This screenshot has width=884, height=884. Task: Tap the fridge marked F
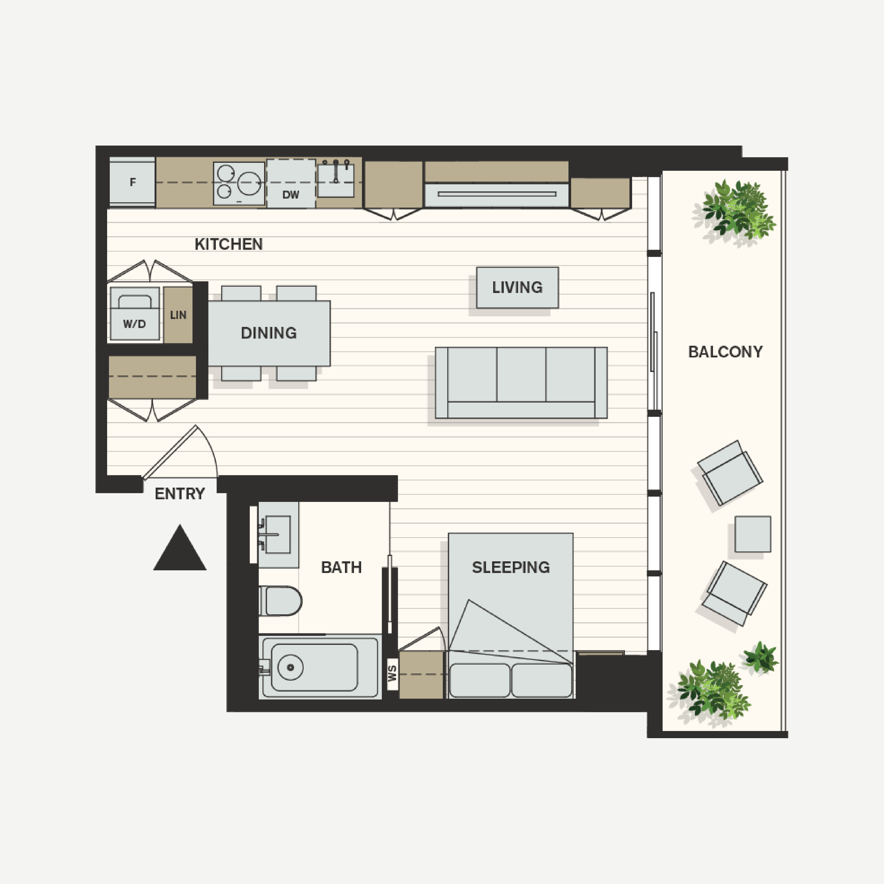[132, 182]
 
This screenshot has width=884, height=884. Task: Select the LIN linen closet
[178, 315]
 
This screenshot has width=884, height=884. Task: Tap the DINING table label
[269, 333]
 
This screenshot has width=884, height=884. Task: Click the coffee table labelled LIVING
[517, 287]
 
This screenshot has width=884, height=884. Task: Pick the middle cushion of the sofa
[521, 375]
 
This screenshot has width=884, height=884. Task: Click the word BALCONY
[725, 352]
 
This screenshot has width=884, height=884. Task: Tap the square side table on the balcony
[753, 534]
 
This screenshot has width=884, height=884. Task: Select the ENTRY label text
[180, 494]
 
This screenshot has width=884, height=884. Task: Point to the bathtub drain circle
[290, 667]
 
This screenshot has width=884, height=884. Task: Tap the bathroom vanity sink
[278, 535]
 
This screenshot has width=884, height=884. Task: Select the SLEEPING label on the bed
[511, 567]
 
